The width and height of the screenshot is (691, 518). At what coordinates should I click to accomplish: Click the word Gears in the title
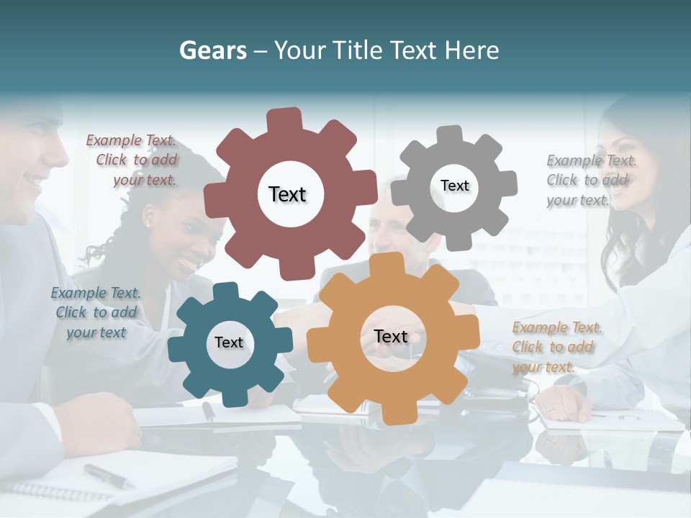(212, 50)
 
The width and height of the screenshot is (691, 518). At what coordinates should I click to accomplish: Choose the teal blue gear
(194, 367)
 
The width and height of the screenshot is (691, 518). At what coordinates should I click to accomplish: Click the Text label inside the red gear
(287, 194)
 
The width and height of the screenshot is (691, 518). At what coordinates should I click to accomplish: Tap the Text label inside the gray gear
(454, 186)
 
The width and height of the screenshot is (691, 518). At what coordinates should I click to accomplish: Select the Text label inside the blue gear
(229, 342)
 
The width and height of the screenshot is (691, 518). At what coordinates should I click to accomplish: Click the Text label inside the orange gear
(391, 336)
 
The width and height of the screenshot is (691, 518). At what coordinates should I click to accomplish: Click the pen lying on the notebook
(108, 476)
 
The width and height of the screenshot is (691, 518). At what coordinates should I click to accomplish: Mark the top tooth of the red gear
(284, 119)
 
